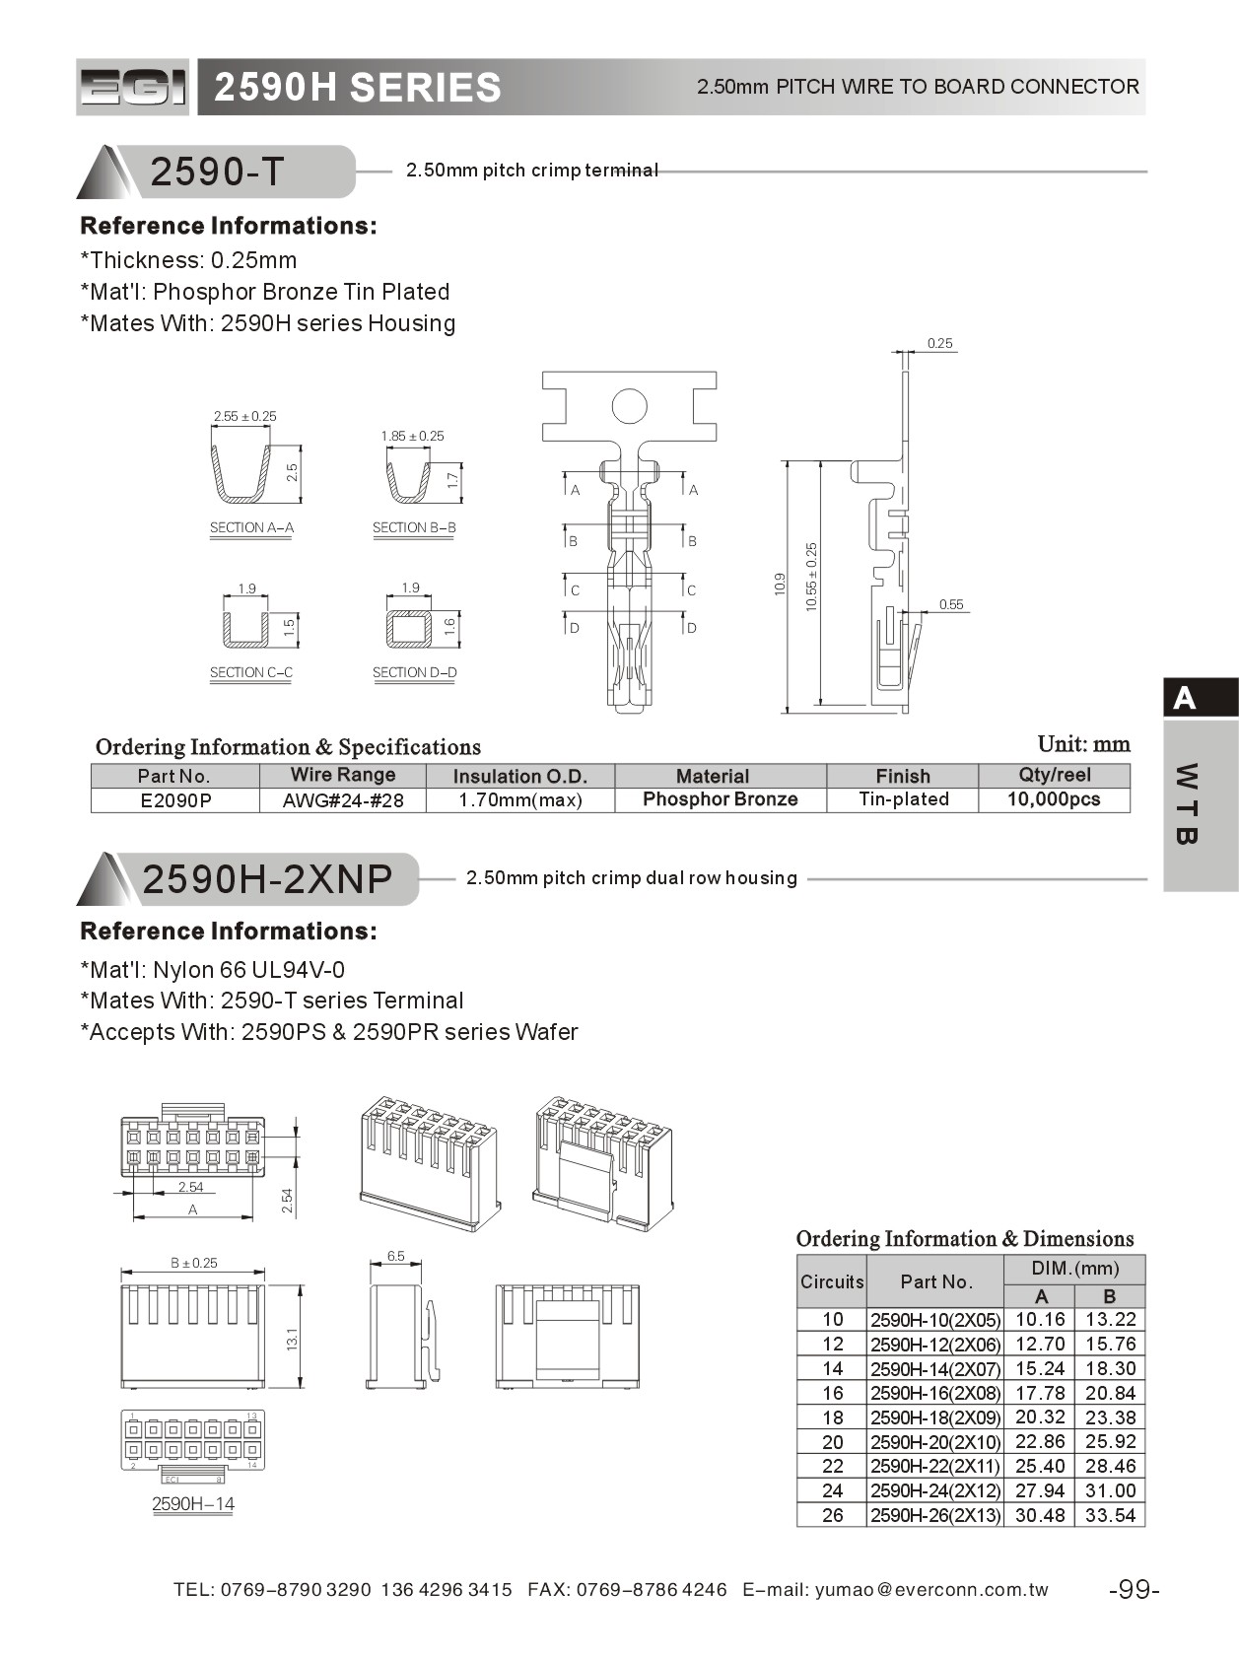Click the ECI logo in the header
click(x=132, y=88)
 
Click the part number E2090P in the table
click(x=175, y=800)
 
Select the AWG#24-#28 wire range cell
click(x=343, y=800)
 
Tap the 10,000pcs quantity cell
click(x=1054, y=799)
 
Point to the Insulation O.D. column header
click(x=519, y=776)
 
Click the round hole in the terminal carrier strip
click(x=629, y=406)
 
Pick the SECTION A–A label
click(x=251, y=527)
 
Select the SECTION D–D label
click(x=414, y=672)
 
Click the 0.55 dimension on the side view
click(x=951, y=604)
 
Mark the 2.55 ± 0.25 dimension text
click(x=244, y=416)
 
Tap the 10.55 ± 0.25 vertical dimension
click(x=812, y=577)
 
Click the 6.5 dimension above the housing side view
click(x=395, y=1256)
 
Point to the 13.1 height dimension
click(x=292, y=1339)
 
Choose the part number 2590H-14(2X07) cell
click(x=934, y=1369)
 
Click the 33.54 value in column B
click(x=1110, y=1515)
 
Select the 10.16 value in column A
click(x=1040, y=1320)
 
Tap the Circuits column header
click(x=831, y=1281)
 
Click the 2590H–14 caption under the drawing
click(x=193, y=1503)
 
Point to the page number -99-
click(x=1134, y=1590)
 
